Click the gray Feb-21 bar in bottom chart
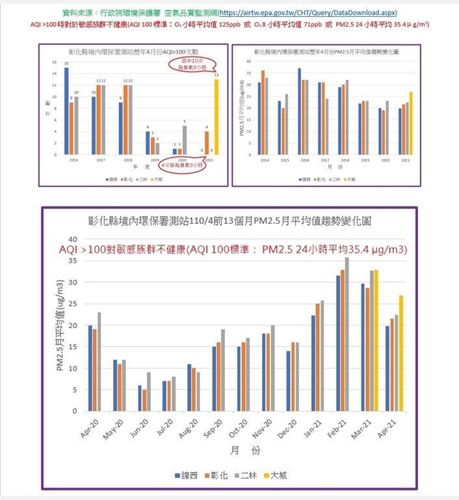364,334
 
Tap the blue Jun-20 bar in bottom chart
140,398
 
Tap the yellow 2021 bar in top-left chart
216,116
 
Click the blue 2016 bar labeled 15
66,111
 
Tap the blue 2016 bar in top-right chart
299,111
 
